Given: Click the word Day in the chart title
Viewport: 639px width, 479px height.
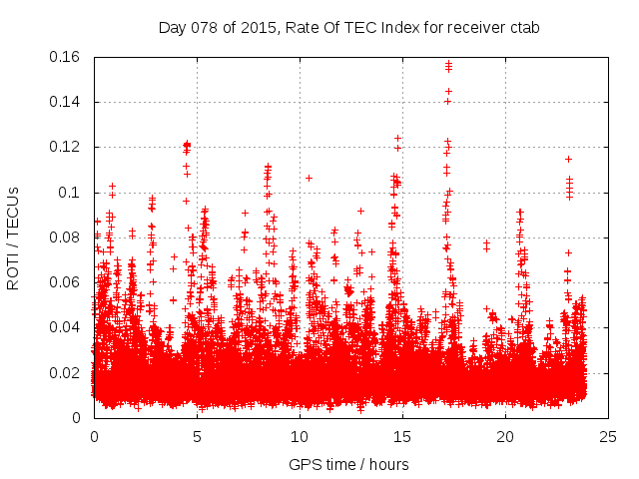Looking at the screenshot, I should coord(172,27).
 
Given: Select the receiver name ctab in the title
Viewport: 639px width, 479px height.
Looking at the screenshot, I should coord(523,27).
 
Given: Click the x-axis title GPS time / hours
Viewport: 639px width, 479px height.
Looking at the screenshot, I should coord(348,464).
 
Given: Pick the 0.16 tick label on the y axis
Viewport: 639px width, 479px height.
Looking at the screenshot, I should coord(66,57).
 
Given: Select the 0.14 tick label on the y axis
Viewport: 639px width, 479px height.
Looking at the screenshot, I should coord(66,102).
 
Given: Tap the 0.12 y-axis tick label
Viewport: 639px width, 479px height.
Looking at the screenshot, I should coord(66,147).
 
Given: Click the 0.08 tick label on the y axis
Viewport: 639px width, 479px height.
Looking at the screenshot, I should coord(66,238).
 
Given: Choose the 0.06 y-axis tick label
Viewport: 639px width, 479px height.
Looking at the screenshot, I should coord(66,282).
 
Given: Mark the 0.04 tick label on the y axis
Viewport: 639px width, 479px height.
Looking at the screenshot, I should coord(66,327).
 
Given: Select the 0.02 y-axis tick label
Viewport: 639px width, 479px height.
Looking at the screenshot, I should coord(66,373).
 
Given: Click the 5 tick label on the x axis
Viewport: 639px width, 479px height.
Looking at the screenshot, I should coord(197,437).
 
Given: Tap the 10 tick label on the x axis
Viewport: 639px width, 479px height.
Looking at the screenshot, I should coord(300,437).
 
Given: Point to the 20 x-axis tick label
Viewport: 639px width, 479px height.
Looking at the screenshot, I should coord(505,437).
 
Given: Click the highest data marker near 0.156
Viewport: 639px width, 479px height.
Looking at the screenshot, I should coord(448,65).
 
